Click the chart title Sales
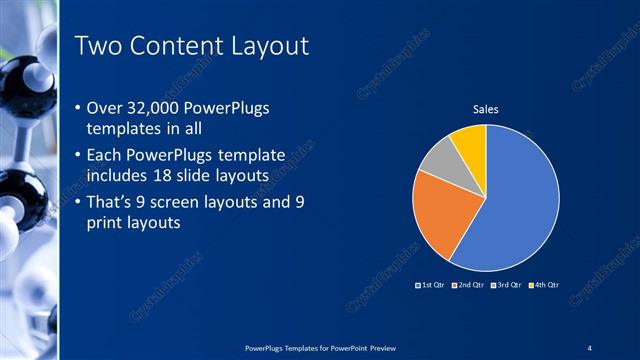(x=485, y=109)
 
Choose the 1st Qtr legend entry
(x=430, y=285)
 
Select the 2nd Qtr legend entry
(x=468, y=285)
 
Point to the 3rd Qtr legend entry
(x=505, y=285)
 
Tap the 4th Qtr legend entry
(x=542, y=285)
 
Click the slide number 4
(x=590, y=347)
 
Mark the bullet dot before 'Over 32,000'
(x=79, y=108)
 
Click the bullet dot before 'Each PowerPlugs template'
(x=79, y=156)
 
